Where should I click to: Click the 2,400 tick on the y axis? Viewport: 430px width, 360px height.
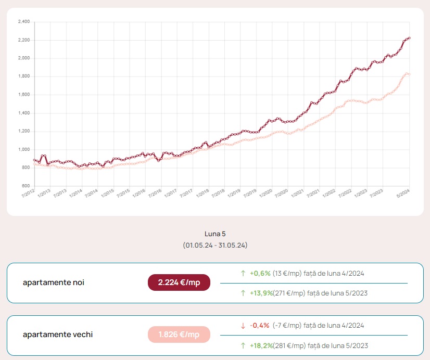[x=24, y=22]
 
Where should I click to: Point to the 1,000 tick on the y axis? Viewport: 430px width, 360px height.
[x=24, y=150]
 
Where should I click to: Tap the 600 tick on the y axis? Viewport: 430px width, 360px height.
[x=26, y=186]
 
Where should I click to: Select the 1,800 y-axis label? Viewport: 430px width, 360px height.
[x=24, y=76]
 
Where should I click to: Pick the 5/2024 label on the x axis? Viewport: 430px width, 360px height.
[x=403, y=194]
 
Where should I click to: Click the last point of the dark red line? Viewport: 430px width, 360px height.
[x=410, y=38]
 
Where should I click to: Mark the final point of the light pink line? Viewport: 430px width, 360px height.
[x=410, y=74]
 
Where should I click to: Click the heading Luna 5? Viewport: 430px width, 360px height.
[x=215, y=234]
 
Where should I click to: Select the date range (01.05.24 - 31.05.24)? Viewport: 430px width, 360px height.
[x=215, y=245]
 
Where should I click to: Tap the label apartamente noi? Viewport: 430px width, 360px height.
[x=53, y=282]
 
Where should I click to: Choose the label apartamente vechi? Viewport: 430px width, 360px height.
[x=57, y=335]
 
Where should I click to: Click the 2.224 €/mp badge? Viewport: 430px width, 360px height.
[x=179, y=282]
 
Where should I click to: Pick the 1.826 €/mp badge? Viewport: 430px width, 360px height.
[x=179, y=335]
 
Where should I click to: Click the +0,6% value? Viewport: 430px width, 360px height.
[x=260, y=273]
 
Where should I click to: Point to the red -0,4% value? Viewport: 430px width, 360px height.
[x=260, y=325]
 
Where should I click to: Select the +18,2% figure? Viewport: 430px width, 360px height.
[x=261, y=345]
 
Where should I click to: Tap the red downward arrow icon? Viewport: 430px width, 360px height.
[x=243, y=326]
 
